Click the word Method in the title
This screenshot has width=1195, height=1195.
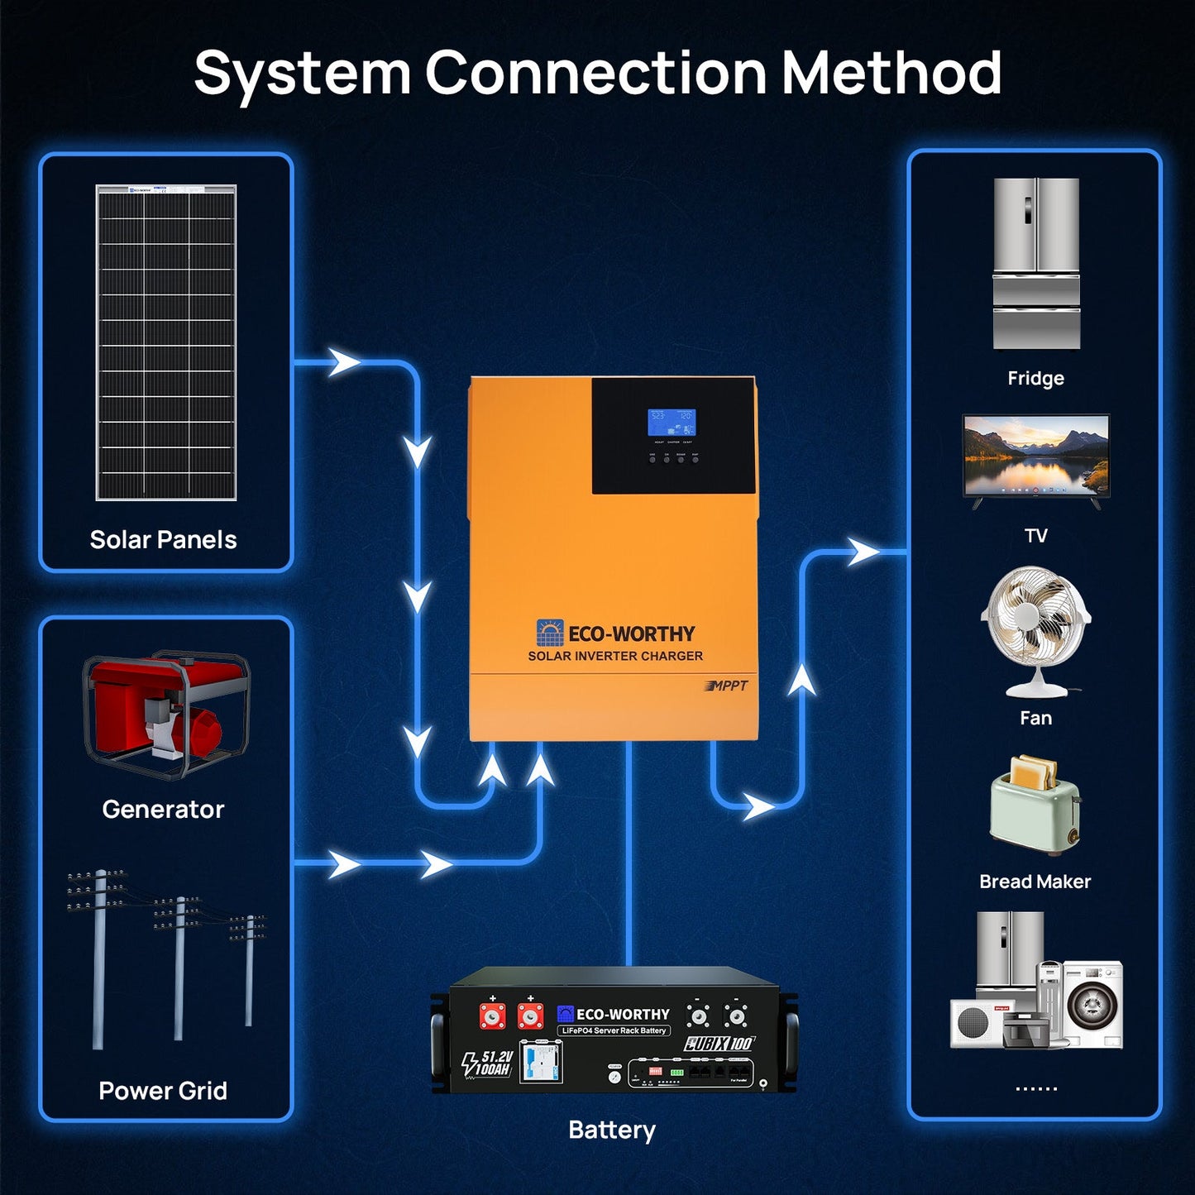[x=891, y=73]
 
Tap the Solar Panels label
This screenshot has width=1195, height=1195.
[x=163, y=540]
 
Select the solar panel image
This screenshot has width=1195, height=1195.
[x=166, y=342]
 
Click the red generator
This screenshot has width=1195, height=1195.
[x=165, y=713]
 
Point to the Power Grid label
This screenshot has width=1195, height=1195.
[x=163, y=1091]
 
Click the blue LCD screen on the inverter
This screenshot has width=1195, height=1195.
[x=671, y=422]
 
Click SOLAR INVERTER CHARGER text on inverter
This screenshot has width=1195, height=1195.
[x=615, y=656]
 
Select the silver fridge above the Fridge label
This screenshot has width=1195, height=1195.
[x=1036, y=263]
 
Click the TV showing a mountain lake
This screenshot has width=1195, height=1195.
[x=1035, y=457]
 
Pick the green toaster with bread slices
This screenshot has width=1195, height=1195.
[x=1035, y=806]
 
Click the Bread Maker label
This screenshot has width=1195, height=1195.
[x=1035, y=882]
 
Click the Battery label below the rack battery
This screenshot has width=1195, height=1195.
[x=612, y=1130]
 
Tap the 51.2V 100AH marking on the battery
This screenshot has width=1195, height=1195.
[x=488, y=1064]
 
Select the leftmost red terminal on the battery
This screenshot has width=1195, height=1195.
[x=493, y=1016]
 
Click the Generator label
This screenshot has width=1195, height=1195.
[x=163, y=809]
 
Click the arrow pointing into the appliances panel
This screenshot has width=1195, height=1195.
[x=863, y=552]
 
